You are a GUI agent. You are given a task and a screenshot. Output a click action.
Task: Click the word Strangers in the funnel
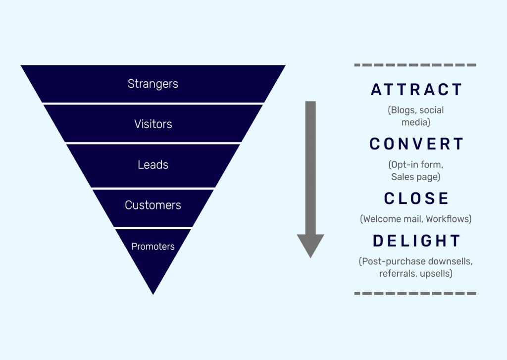[152, 84]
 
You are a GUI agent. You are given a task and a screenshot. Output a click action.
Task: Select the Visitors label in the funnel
[153, 124]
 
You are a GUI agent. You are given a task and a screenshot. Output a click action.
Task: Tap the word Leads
[153, 164]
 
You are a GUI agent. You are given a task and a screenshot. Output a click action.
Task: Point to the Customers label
[153, 205]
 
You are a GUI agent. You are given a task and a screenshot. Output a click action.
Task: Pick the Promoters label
[153, 247]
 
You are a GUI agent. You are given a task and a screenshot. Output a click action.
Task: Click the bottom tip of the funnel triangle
[153, 294]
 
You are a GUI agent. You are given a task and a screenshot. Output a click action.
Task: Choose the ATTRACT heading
[416, 90]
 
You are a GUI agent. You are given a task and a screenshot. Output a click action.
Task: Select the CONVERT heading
[416, 144]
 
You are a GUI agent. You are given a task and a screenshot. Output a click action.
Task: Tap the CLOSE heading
[416, 198]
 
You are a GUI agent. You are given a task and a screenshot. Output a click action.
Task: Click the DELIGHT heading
[416, 241]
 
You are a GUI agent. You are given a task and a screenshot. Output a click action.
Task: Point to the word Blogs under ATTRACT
[403, 110]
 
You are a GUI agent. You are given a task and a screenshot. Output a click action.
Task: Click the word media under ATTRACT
[414, 122]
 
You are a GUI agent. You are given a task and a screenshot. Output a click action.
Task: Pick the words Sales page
[414, 177]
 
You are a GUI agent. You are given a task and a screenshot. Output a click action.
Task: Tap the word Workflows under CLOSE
[447, 219]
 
